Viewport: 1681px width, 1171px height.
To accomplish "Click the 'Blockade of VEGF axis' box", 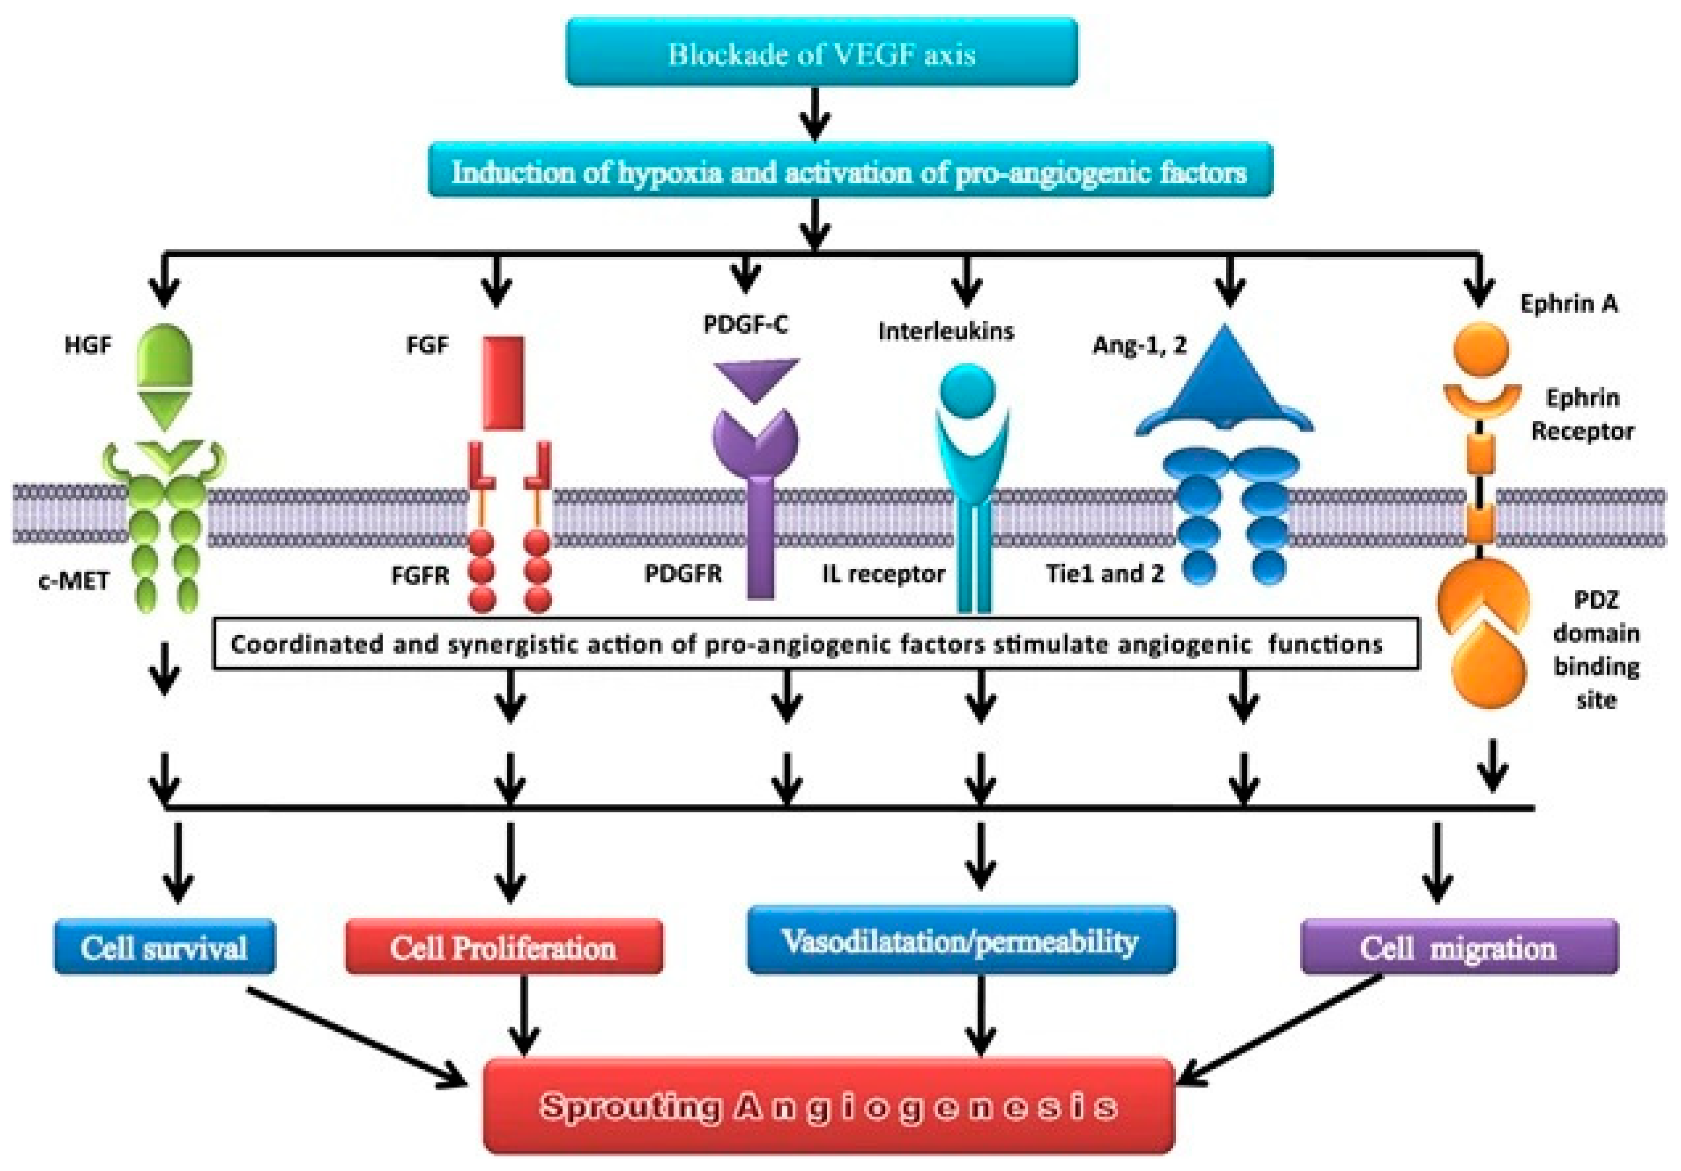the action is (x=822, y=52).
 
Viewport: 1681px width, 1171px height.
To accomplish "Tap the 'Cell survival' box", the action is (x=165, y=947).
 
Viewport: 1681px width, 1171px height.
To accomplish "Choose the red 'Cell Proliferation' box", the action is (x=504, y=947).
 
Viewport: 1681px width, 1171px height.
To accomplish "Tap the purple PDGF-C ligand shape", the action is (x=757, y=380).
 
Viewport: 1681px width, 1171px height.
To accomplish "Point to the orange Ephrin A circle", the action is (x=1480, y=348).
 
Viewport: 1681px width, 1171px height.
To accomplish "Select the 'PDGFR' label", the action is (x=682, y=573).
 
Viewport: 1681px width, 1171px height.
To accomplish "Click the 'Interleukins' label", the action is (x=946, y=331).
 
